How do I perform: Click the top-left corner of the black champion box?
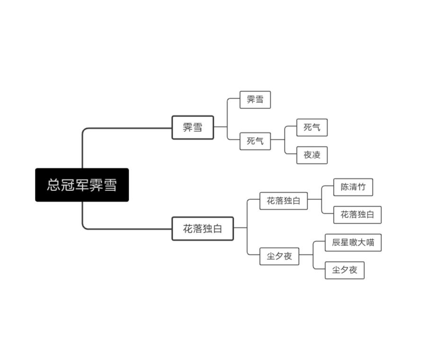pos(35,168)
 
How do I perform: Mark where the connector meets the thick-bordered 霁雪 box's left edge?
pos(172,128)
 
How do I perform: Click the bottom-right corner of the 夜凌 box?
pos(328,164)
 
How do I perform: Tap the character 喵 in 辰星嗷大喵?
pos(371,243)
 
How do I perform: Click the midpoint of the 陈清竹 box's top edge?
pos(353,179)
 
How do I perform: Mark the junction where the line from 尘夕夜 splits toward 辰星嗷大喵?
pos(313,255)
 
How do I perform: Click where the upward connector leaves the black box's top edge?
pos(82,168)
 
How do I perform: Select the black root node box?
pos(82,185)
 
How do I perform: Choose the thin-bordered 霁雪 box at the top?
pos(255,99)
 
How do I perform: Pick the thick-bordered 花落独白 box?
pos(203,228)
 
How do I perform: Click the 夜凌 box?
pos(312,155)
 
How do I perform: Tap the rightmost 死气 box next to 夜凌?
pos(312,127)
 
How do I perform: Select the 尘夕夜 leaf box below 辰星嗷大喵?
pos(345,270)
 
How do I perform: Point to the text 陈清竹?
pos(353,187)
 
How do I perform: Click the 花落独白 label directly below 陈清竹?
pos(357,215)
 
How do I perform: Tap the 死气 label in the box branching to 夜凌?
pos(255,141)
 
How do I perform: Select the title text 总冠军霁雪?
pos(82,185)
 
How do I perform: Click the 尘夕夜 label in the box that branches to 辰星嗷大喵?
pos(279,256)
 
